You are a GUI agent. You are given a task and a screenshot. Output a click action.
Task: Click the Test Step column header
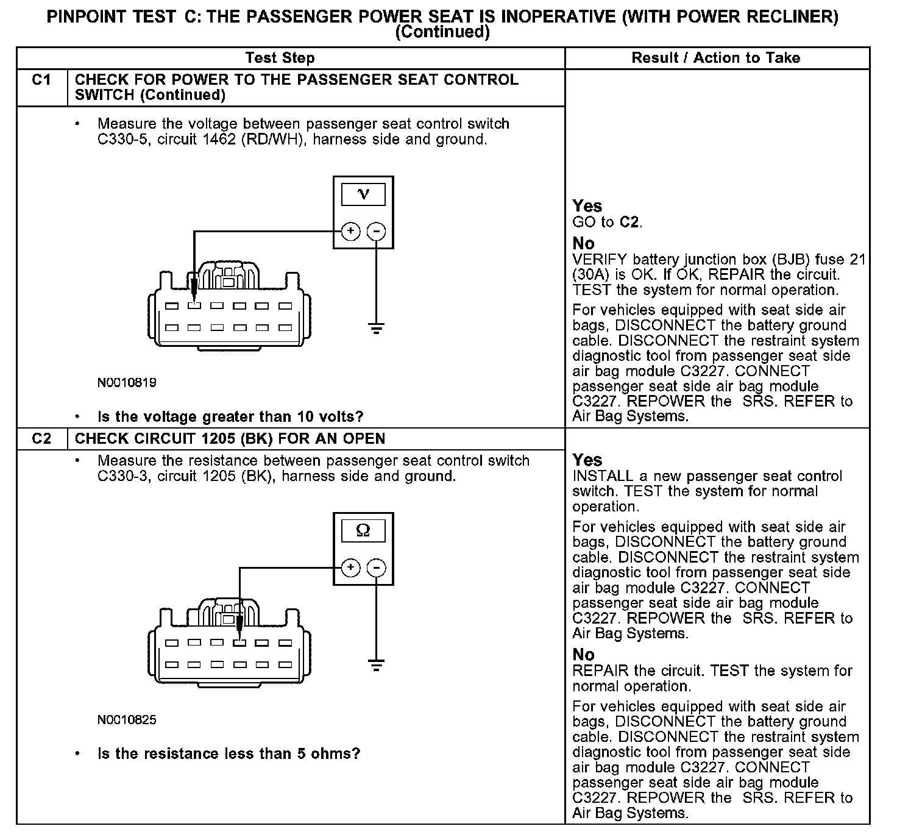[280, 59]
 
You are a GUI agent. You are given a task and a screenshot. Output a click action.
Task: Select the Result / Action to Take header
[716, 59]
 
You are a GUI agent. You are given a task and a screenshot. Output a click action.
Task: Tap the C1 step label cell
[41, 80]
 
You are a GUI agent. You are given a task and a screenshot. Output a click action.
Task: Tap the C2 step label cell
[41, 439]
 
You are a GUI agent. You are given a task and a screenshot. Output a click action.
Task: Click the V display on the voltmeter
[363, 194]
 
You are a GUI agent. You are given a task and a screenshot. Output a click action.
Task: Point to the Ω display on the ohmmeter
[363, 531]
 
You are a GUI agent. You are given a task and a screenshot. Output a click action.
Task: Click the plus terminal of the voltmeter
[350, 232]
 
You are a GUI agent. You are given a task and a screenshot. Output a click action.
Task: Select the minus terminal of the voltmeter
[377, 232]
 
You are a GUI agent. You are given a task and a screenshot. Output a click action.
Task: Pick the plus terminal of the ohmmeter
[350, 568]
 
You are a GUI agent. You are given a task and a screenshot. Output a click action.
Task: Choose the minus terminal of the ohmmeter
[377, 568]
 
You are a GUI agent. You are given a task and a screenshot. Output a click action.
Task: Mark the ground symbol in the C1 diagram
[377, 329]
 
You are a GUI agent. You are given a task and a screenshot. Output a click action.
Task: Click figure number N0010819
[127, 383]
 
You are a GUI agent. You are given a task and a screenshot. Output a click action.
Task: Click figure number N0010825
[127, 720]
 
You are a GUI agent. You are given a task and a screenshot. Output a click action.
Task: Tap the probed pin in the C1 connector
[194, 306]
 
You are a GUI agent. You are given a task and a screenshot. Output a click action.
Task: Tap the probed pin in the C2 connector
[239, 642]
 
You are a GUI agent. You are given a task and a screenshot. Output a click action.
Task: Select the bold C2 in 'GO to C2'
[630, 222]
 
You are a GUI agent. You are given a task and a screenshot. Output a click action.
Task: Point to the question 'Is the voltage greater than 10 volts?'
[230, 417]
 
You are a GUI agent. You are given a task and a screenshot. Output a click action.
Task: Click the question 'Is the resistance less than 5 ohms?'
[229, 754]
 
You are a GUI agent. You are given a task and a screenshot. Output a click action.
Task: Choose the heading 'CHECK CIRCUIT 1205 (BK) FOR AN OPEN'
[230, 439]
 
